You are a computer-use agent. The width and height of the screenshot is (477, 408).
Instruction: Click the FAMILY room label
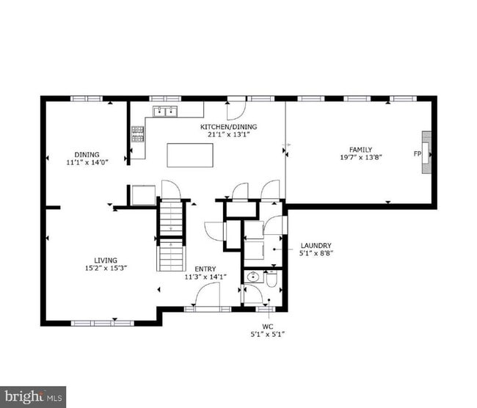360,149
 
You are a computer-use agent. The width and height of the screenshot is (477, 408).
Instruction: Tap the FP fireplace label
417,153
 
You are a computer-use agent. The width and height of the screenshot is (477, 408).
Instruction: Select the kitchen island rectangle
190,155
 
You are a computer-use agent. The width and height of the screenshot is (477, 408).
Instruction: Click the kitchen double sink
165,112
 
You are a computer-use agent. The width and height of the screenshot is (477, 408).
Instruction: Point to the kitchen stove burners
136,133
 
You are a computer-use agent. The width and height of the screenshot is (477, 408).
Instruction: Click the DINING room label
87,154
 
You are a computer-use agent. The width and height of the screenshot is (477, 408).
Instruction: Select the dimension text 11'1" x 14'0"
87,162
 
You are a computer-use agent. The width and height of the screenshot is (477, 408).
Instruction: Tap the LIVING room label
106,260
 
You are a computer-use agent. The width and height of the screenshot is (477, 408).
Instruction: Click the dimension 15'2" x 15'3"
106,268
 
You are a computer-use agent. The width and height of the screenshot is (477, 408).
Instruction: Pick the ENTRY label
205,269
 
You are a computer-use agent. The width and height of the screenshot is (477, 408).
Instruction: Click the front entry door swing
208,296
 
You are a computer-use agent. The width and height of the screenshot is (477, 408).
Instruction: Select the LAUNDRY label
316,246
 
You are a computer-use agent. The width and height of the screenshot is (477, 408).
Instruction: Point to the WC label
267,326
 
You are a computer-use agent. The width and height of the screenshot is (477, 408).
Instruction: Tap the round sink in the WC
253,277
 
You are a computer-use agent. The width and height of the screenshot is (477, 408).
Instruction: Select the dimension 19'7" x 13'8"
360,157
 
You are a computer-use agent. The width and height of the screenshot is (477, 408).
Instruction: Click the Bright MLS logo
33,397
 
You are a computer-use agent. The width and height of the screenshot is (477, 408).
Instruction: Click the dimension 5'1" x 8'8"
316,254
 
